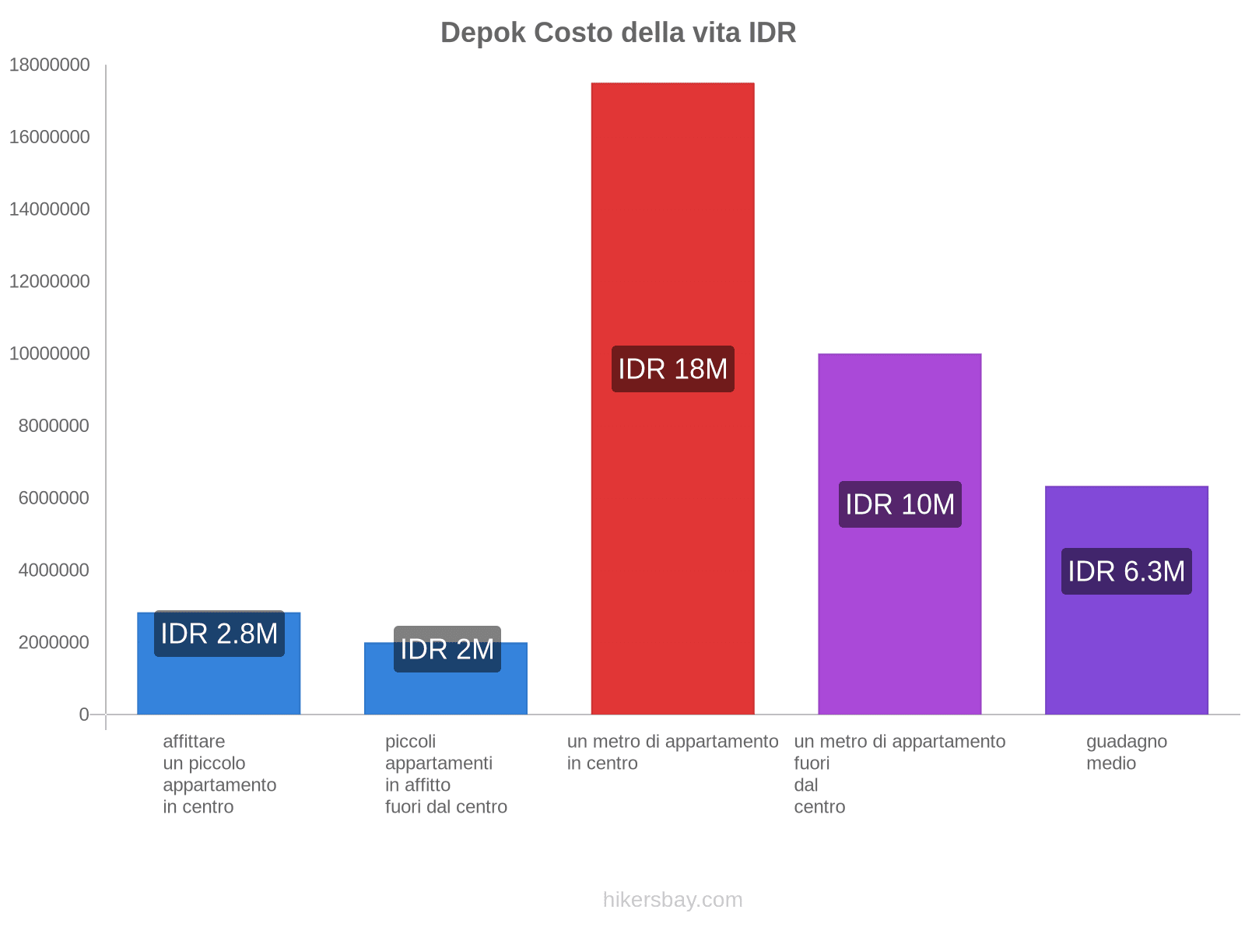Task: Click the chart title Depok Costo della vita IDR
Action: (618, 33)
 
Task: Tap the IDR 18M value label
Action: (672, 369)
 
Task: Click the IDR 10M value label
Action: (900, 504)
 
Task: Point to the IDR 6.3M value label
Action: (1126, 571)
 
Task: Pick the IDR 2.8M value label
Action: (219, 634)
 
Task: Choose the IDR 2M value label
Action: (447, 649)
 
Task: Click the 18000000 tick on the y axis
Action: (49, 65)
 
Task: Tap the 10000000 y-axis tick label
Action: (49, 353)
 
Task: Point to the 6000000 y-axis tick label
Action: (54, 498)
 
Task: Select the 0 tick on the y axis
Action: (83, 715)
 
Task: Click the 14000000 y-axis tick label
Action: (49, 209)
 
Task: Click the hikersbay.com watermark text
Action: (672, 900)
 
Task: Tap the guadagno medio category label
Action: (1126, 752)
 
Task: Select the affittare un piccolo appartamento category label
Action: (219, 774)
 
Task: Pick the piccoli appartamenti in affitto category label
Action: (446, 774)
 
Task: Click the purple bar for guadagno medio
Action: (1126, 662)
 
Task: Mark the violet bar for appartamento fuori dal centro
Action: (900, 623)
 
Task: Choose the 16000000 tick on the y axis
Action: (49, 137)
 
